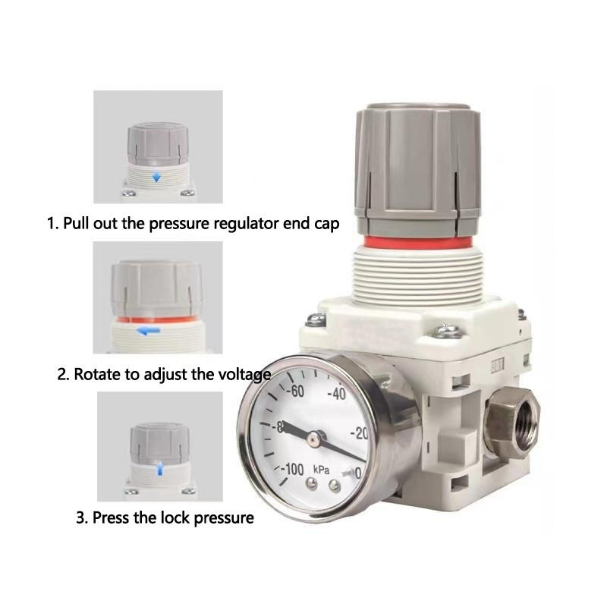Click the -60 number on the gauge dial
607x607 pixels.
pos(295,391)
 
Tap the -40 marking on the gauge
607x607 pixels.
pos(336,394)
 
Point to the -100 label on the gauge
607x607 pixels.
pos(292,469)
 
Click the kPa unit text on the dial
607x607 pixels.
pos(321,470)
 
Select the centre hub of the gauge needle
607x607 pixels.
pos(314,438)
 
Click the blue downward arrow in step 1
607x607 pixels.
pos(156,177)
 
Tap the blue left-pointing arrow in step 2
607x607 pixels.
pos(149,331)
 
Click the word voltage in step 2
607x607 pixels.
pos(244,375)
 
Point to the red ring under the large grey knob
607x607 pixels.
pos(418,242)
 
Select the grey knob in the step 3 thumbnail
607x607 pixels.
pos(159,444)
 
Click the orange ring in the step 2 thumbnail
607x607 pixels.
pos(157,319)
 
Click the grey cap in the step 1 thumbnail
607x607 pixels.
pos(158,144)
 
